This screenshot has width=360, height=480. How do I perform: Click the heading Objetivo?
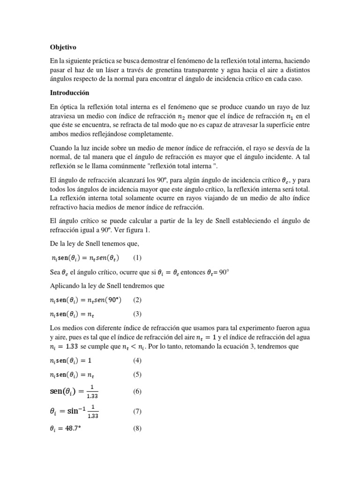tap(63, 47)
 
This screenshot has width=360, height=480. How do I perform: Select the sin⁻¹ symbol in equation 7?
tap(74, 411)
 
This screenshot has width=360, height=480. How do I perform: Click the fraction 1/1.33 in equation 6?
tap(93, 391)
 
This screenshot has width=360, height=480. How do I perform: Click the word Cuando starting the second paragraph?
tap(63, 148)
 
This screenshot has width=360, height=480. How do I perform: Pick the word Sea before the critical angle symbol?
tap(55, 271)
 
